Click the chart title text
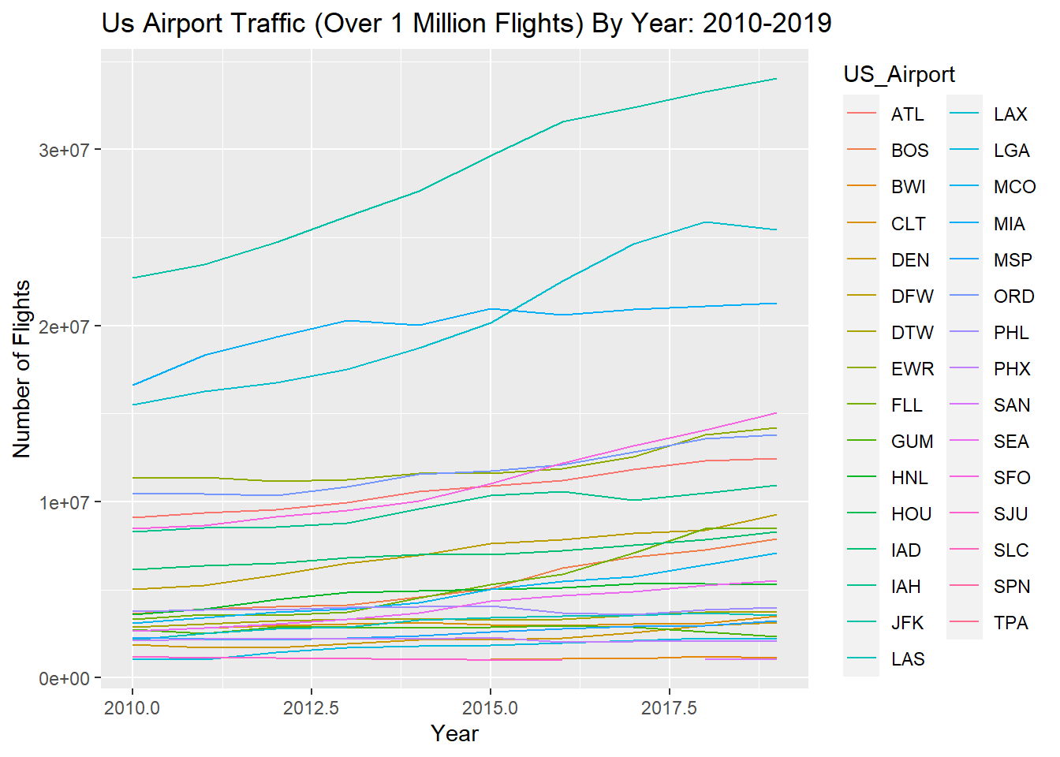tap(466, 24)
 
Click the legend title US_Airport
tap(898, 74)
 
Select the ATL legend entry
tap(907, 114)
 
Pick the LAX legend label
tap(1010, 114)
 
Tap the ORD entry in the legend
tap(1013, 296)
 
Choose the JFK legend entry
tap(907, 623)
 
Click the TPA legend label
tap(1010, 623)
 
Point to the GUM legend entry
tap(912, 442)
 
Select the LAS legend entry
tap(908, 659)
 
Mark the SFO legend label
tap(1012, 478)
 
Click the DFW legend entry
tap(912, 296)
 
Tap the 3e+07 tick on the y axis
tap(64, 150)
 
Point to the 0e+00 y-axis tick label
tap(64, 679)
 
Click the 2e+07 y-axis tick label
tap(64, 326)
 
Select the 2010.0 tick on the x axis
tap(132, 707)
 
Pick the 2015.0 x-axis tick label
tap(490, 707)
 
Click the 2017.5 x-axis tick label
tap(669, 707)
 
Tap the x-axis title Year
tap(454, 733)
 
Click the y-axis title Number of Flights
tap(21, 369)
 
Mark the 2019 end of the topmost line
tap(776, 79)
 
